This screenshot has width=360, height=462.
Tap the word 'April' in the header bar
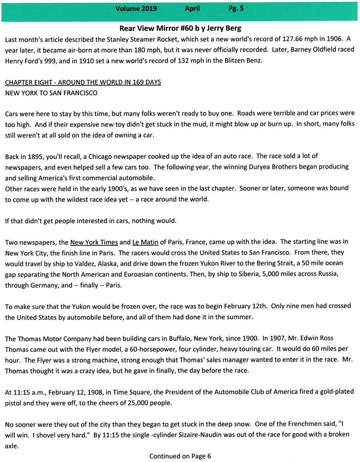pyautogui.click(x=193, y=9)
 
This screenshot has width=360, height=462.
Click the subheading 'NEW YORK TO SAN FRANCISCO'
pyautogui.click(x=51, y=93)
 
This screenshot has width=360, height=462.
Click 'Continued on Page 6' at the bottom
pyautogui.click(x=180, y=456)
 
